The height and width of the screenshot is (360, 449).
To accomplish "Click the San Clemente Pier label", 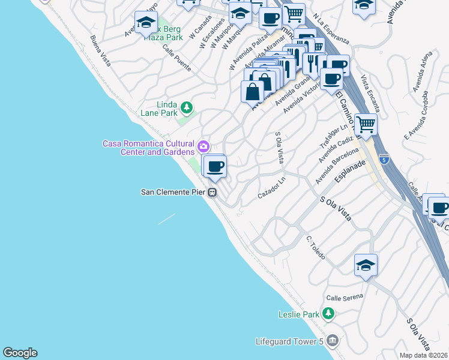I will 173,193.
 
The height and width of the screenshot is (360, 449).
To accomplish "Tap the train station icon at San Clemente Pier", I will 212,193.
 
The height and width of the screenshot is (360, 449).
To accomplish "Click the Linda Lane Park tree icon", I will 187,107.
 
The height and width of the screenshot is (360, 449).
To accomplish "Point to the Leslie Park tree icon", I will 328,314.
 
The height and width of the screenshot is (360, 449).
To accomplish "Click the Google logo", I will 20,353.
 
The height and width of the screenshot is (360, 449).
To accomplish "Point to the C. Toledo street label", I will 316,247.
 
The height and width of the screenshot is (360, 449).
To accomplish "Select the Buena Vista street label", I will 100,51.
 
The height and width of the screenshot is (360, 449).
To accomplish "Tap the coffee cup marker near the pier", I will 214,166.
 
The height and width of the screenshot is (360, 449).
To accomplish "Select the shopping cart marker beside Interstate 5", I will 366,125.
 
